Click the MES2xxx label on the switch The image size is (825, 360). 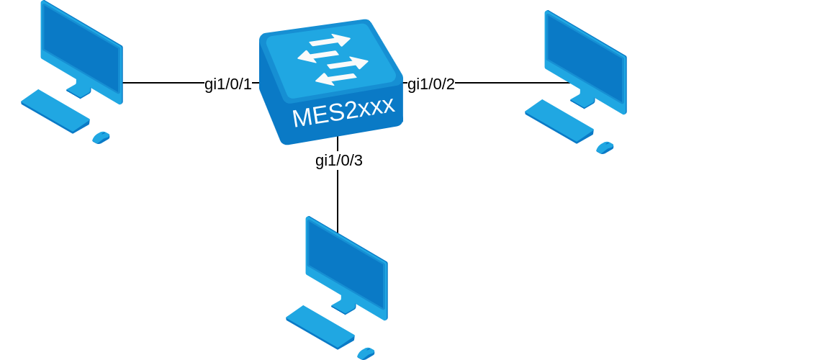point(343,112)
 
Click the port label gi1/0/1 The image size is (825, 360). point(228,84)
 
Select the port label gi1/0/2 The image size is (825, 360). point(431,84)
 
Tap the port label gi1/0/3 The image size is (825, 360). point(338,161)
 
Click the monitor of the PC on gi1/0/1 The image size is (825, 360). point(81,50)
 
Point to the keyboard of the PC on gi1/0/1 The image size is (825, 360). point(55,111)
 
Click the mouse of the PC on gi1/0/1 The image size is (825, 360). point(101,138)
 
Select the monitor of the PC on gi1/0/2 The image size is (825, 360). point(585,60)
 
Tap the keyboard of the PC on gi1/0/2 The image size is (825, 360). point(559,121)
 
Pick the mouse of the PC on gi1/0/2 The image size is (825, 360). point(605,148)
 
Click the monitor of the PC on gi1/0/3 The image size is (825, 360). point(346,266)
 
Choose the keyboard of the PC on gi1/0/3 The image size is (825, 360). point(320,327)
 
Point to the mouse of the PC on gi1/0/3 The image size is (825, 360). point(366,354)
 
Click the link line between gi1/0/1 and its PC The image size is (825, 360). point(163,83)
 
